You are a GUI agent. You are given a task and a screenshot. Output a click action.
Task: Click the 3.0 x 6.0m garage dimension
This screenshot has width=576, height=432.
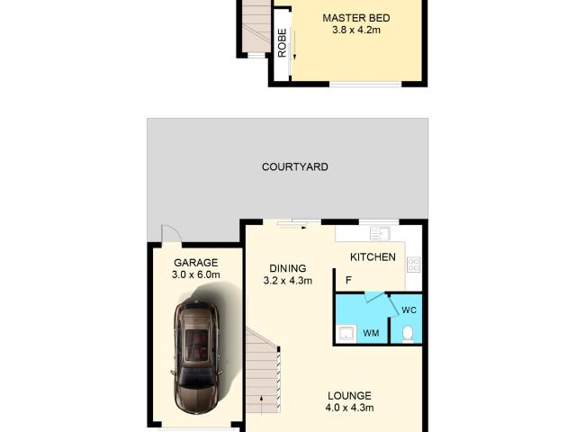coord(196,275)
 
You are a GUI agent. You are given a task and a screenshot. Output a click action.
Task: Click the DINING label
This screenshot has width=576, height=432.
coord(288,268)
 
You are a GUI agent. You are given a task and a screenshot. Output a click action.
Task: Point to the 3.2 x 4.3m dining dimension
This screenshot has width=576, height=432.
coord(288,281)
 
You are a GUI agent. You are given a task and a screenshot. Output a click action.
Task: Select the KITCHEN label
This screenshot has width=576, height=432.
coord(373,257)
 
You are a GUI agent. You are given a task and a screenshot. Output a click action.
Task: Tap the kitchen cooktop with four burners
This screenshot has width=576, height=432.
coord(414,265)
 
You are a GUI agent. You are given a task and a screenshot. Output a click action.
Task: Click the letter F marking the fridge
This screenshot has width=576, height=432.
coord(347,280)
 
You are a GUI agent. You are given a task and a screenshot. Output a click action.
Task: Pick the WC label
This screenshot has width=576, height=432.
coord(409,310)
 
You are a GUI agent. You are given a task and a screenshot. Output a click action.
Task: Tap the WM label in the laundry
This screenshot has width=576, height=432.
coord(371,334)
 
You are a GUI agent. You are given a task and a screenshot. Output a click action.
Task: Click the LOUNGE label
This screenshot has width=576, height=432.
coord(350,396)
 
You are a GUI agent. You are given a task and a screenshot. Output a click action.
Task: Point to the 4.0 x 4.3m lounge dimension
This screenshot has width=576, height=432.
coord(350,409)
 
